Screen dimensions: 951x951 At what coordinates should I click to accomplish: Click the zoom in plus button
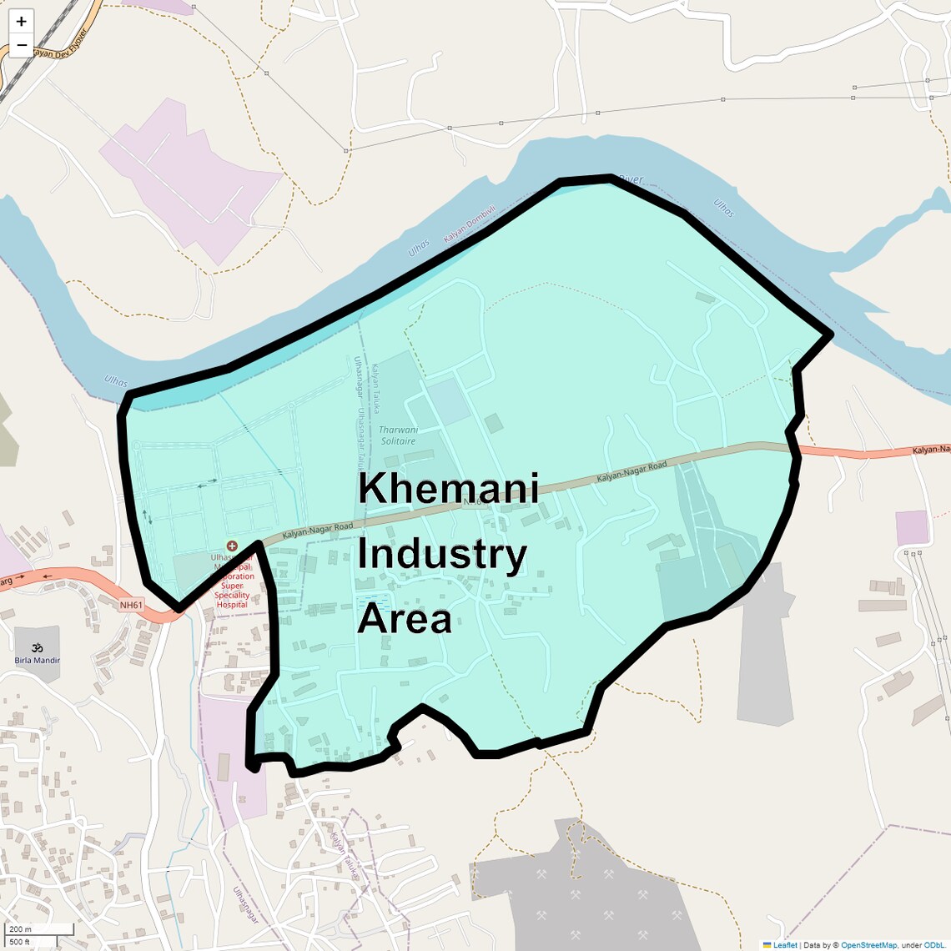coord(22,22)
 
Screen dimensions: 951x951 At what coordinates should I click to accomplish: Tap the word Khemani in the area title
coord(448,489)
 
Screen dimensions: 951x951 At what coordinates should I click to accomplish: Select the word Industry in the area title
coord(442,556)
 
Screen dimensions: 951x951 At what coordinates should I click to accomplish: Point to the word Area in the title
coord(405,620)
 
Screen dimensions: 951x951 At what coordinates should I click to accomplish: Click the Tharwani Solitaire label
coord(398,435)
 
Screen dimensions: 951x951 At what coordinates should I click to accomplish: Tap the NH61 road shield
coord(131,606)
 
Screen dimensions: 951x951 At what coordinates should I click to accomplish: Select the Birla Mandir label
coord(38,661)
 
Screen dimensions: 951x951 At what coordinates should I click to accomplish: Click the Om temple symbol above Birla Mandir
coord(37,647)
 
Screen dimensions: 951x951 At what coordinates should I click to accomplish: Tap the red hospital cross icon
coord(232,546)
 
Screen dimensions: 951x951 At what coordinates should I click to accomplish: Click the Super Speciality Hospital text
coord(232,591)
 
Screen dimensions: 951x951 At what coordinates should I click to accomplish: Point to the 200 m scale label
coord(20,929)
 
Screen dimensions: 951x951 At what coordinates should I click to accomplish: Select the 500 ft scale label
coord(20,942)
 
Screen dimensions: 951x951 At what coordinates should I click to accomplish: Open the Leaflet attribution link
coord(785,945)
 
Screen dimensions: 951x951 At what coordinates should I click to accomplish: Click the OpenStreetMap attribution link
coord(868,945)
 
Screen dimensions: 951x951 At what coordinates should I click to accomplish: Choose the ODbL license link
coord(934,945)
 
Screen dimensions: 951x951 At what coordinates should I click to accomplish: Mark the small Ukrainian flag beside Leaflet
coord(767,945)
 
